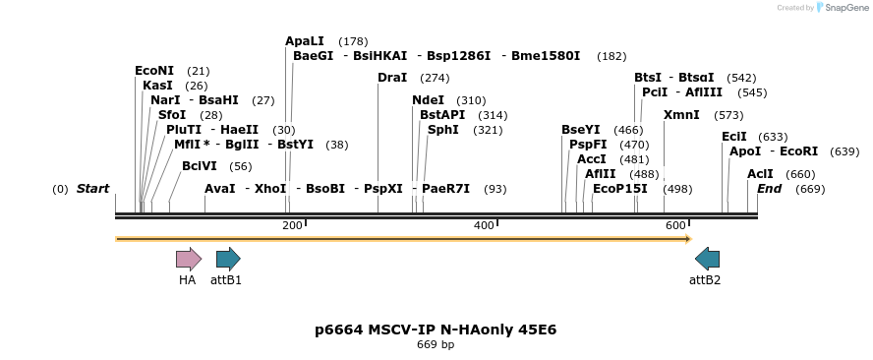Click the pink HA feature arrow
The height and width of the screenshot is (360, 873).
click(188, 259)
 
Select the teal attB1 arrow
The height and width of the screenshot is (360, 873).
click(228, 259)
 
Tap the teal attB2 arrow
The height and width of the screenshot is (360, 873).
click(707, 259)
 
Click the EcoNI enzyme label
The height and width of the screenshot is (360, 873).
click(154, 71)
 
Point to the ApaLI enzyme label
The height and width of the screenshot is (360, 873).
click(305, 41)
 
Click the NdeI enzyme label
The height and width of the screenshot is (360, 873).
click(429, 100)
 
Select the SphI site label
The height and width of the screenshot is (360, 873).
click(443, 130)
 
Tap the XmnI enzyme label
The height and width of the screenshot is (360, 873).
click(681, 115)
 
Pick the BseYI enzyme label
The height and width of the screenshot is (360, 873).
click(581, 130)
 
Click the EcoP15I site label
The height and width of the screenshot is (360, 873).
click(620, 189)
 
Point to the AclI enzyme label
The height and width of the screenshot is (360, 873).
click(760, 174)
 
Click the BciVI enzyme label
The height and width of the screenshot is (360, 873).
click(200, 166)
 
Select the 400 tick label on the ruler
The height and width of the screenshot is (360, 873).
click(484, 226)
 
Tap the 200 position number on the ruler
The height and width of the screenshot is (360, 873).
click(292, 226)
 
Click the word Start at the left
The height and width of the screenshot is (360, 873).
click(93, 189)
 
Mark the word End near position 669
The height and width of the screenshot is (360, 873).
click(770, 189)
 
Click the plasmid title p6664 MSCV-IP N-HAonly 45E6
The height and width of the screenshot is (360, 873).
click(436, 330)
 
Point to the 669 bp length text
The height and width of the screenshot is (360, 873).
click(436, 345)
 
